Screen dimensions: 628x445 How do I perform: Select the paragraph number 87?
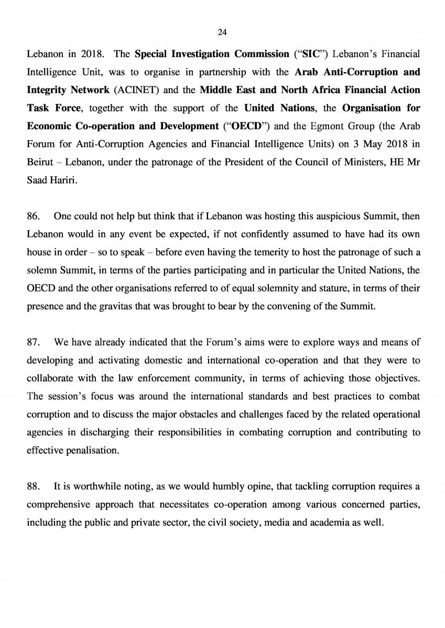click(x=32, y=343)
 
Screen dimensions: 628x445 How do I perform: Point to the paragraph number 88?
click(x=32, y=486)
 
